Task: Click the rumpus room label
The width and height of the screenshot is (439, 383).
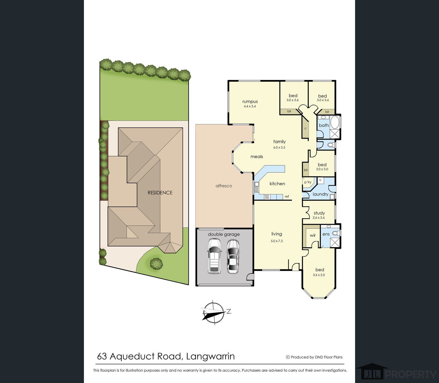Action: [250, 101]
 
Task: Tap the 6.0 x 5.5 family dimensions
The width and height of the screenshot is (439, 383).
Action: [279, 147]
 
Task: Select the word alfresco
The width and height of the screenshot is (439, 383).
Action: [224, 186]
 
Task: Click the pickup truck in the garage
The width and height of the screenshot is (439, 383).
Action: [214, 256]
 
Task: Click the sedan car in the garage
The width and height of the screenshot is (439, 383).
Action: [233, 256]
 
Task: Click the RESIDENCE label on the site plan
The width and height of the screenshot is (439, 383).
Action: [160, 193]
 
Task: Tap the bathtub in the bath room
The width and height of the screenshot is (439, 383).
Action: [335, 122]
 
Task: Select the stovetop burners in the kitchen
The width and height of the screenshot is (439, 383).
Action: [267, 197]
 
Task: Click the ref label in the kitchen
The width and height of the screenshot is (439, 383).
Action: [287, 197]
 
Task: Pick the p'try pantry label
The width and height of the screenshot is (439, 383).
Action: [307, 182]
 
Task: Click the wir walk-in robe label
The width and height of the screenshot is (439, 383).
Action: [313, 235]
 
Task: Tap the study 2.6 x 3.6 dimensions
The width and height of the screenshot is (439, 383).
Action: [319, 218]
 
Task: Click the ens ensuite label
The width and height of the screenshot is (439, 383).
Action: [326, 234]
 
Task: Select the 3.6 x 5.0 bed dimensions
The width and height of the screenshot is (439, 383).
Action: [319, 275]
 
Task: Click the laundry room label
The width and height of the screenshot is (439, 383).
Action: [320, 194]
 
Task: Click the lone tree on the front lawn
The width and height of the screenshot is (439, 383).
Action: [156, 263]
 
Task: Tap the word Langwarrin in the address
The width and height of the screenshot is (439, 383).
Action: [210, 356]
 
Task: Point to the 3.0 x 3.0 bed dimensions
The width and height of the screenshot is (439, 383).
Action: [322, 169]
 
